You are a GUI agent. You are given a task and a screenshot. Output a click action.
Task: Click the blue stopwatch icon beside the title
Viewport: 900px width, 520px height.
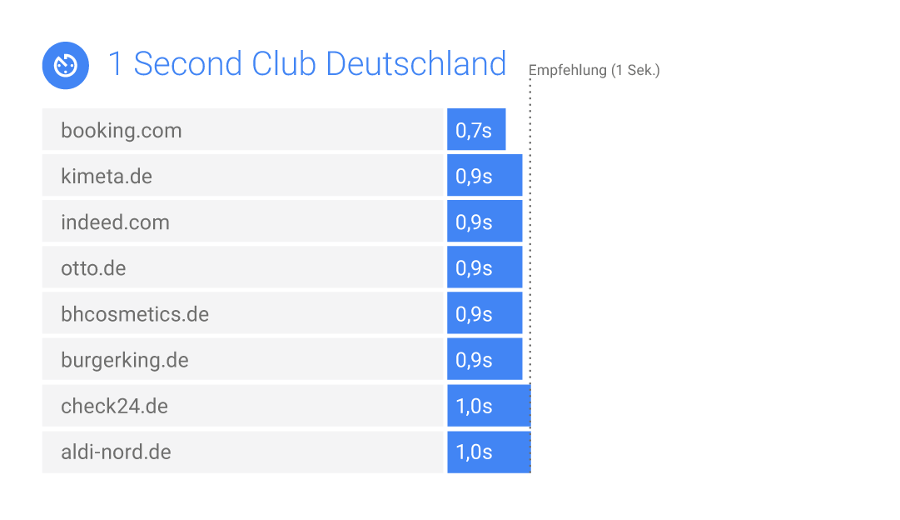(66, 65)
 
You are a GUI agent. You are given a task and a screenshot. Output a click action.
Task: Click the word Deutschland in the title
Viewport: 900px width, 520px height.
(415, 64)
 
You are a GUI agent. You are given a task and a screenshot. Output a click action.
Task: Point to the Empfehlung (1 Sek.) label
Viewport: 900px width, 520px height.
(594, 71)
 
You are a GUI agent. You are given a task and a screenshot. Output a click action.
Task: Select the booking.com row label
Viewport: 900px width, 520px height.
(122, 131)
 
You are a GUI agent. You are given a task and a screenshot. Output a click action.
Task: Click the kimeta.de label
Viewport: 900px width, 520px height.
(107, 177)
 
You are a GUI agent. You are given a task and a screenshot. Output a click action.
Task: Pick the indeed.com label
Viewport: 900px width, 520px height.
(115, 222)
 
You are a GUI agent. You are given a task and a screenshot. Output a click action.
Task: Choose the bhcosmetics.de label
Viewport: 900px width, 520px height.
(135, 314)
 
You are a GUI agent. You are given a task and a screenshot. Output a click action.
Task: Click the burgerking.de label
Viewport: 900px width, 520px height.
(125, 360)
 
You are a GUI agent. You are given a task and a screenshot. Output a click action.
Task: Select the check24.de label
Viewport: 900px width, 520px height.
(114, 407)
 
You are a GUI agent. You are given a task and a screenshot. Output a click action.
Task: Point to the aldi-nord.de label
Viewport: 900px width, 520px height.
(116, 452)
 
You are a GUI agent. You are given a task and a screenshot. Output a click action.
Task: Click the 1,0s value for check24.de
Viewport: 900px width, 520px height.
(474, 407)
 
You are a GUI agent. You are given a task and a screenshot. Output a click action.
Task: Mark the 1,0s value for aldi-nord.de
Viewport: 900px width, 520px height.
(474, 452)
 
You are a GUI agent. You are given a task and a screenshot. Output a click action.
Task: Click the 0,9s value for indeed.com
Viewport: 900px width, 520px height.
(474, 222)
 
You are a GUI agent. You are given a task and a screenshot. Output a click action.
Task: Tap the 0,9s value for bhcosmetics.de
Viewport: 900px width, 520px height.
(474, 314)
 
